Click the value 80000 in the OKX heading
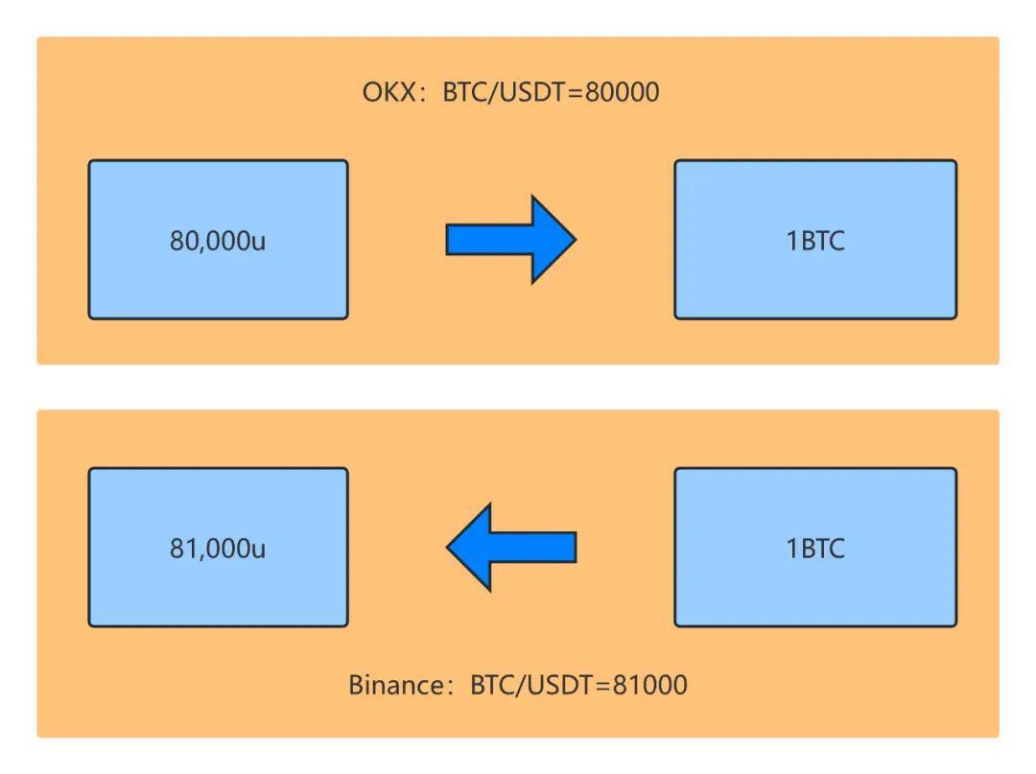pyautogui.click(x=622, y=92)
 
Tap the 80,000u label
pyautogui.click(x=218, y=240)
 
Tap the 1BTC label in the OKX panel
pyautogui.click(x=815, y=240)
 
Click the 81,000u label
pyautogui.click(x=218, y=548)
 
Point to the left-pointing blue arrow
pyautogui.click(x=512, y=547)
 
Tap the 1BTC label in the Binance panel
pyautogui.click(x=815, y=548)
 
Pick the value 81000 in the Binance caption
pyautogui.click(x=649, y=685)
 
